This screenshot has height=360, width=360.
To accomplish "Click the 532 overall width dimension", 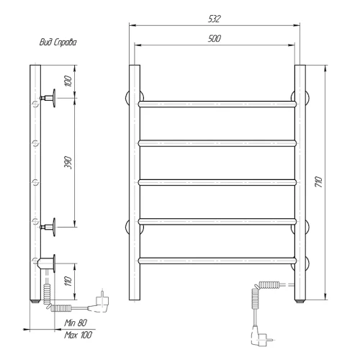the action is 214,19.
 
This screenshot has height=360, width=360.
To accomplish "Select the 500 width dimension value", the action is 215,38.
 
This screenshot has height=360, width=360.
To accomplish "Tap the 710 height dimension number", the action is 318,181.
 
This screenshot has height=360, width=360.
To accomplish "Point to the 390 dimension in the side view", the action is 68,163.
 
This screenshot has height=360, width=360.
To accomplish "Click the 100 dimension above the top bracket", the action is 68,81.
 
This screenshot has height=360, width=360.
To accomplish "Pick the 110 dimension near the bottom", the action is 68,281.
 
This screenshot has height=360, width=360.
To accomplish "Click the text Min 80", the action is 76,323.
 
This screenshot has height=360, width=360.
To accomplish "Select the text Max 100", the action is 78,335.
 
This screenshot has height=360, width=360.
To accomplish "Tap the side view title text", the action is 58,42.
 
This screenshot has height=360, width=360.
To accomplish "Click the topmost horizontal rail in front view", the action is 217,104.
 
